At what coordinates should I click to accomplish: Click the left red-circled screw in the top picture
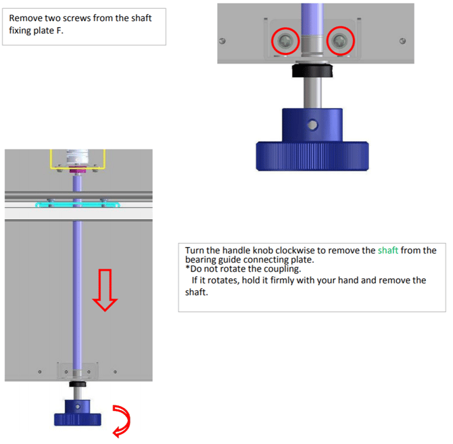285,41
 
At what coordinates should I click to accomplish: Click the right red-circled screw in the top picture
340,41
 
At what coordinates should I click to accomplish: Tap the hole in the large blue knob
312,125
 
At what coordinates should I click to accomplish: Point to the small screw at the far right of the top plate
402,41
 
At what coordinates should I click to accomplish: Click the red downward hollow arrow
103,288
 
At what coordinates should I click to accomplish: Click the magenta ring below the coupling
78,171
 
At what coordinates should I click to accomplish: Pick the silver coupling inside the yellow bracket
78,158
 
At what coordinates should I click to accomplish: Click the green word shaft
388,250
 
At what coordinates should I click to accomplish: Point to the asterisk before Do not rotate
187,269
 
